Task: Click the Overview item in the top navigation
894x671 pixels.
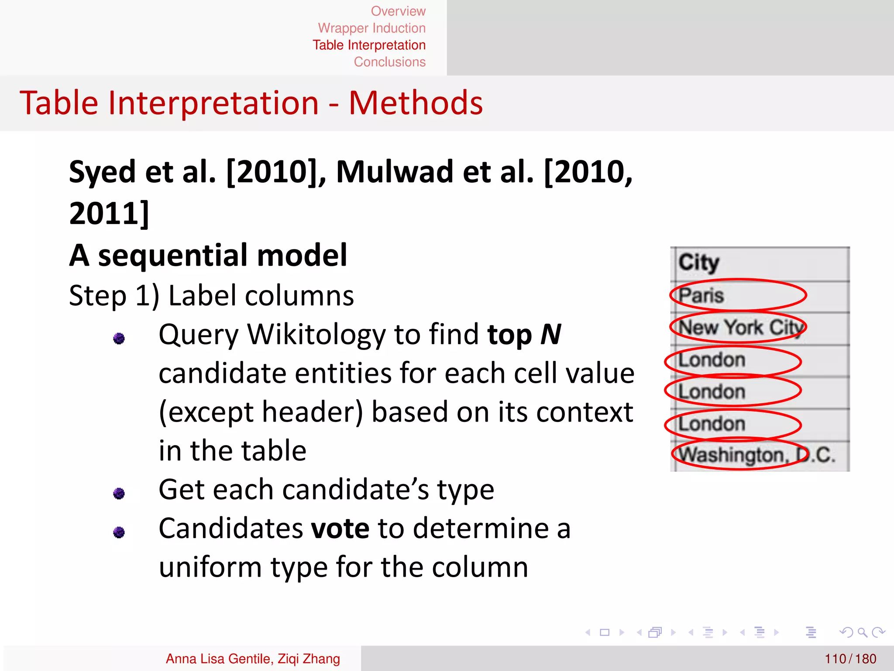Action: click(398, 11)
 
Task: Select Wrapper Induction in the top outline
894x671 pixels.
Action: click(371, 28)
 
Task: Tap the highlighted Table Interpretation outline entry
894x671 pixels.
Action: click(369, 45)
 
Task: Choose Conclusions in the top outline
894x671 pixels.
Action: click(389, 62)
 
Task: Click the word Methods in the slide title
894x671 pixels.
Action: click(416, 104)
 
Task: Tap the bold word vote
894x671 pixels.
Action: click(340, 528)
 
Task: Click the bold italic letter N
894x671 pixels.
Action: click(550, 335)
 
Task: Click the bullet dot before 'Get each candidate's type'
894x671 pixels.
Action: click(119, 494)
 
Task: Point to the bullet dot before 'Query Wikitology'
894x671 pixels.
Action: click(119, 338)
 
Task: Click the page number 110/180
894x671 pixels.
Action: click(850, 658)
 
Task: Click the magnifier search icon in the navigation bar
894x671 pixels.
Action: click(862, 632)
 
